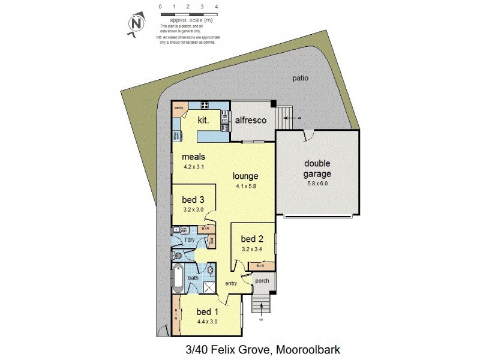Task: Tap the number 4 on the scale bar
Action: coord(215,7)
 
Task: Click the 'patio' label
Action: coord(301,78)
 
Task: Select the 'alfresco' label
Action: coord(250,120)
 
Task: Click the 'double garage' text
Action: coord(318,169)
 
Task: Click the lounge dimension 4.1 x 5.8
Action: coord(246,187)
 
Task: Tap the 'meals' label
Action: coord(194,157)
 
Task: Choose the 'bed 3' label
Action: coord(193,200)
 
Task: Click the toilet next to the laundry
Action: coord(178,255)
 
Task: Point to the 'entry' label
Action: coord(232,283)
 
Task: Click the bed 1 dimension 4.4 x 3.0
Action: coord(207,322)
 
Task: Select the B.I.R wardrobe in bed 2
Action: coord(261,266)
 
